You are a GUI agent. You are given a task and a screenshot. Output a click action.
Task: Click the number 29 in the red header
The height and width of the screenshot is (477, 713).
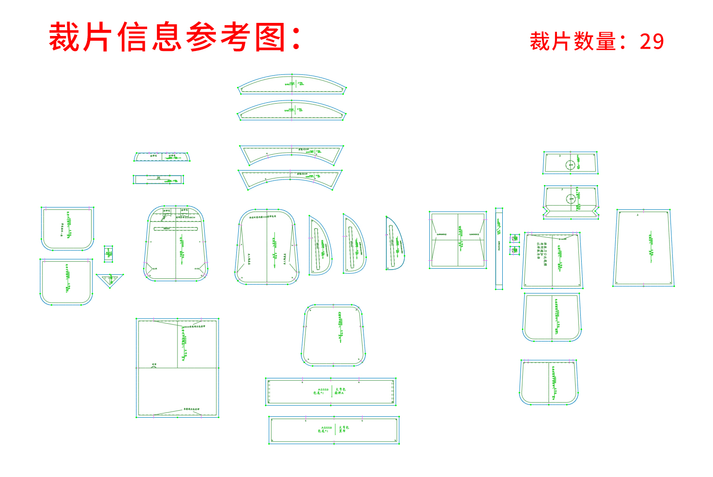(651, 42)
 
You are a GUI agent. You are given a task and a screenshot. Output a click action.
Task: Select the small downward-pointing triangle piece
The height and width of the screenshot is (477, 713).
(110, 279)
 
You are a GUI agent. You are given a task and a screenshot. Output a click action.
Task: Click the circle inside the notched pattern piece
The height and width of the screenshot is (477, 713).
(571, 199)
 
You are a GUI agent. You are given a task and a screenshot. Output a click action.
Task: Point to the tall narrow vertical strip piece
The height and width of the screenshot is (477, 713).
(499, 249)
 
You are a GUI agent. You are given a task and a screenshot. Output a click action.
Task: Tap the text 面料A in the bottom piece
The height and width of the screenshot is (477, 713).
(339, 393)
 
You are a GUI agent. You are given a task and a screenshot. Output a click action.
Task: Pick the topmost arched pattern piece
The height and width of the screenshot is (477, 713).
(292, 84)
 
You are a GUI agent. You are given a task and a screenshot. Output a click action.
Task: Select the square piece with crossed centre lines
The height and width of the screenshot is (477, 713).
(458, 240)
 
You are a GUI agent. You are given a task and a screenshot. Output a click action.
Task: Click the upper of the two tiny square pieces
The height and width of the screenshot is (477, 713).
(514, 238)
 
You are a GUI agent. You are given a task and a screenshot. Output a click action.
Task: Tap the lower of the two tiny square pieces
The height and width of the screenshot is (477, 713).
(514, 250)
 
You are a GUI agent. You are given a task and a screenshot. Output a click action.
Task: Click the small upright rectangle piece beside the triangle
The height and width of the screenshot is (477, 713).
(108, 253)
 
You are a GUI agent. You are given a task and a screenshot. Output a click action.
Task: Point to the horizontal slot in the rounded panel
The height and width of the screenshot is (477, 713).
(176, 228)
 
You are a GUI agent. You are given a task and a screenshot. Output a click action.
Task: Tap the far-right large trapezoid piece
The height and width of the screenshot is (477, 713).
(644, 248)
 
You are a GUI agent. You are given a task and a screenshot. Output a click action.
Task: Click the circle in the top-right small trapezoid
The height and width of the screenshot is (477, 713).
(570, 164)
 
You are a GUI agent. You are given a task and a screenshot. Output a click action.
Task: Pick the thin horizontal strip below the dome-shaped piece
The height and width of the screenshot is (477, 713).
(158, 179)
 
